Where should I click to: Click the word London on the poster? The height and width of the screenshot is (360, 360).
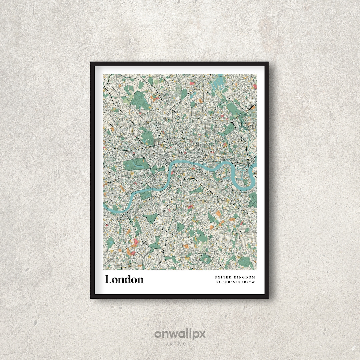124,279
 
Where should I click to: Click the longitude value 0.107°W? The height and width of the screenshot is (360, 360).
246,282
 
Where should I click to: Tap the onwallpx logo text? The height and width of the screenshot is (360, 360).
180,334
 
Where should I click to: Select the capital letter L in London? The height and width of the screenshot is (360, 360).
108,279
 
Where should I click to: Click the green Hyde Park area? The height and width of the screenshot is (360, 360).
135,164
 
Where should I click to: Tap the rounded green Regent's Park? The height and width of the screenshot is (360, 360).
146,137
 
